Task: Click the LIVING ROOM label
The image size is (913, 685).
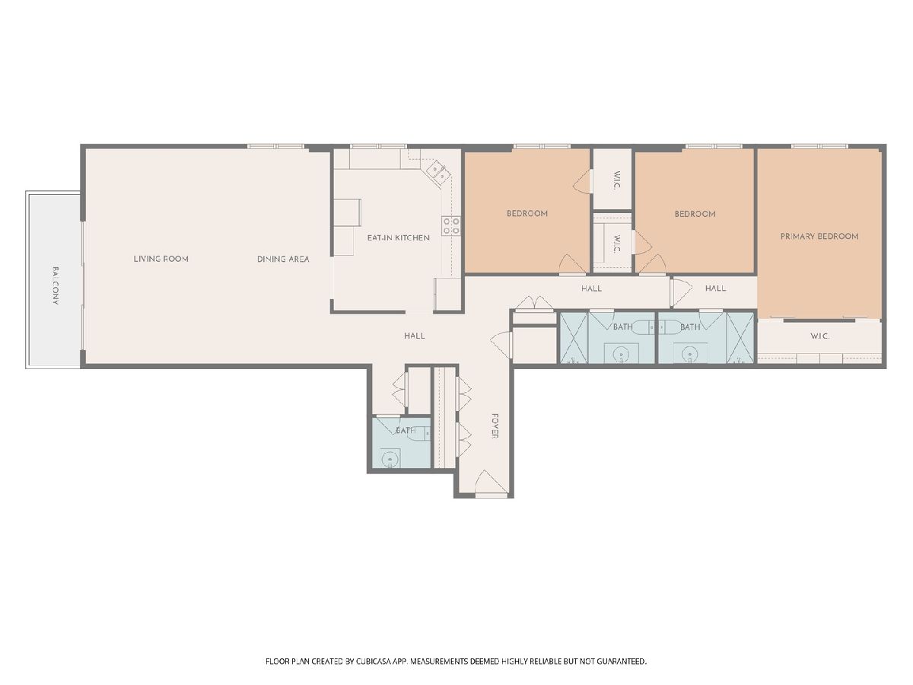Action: pos(161,259)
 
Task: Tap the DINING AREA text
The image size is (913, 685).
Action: pos(283,259)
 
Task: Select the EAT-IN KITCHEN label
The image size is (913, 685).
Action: pos(398,238)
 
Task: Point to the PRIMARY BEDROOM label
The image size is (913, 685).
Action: pos(819,236)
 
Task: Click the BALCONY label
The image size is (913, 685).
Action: pos(56,285)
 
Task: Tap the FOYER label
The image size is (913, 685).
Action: pos(495,426)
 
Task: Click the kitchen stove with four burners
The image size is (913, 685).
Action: pos(451,225)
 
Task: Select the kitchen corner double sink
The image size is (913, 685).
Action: pos(438,172)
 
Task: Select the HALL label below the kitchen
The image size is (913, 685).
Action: pos(415,336)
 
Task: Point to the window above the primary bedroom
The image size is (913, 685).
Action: pos(819,146)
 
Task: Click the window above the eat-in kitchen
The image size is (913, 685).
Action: pos(378,146)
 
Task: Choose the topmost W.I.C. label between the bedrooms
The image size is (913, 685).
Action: pos(617,180)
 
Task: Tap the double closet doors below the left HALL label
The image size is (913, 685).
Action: pos(535,303)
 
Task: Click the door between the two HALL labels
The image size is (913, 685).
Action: pos(681,292)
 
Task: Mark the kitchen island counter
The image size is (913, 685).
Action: pos(347,212)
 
